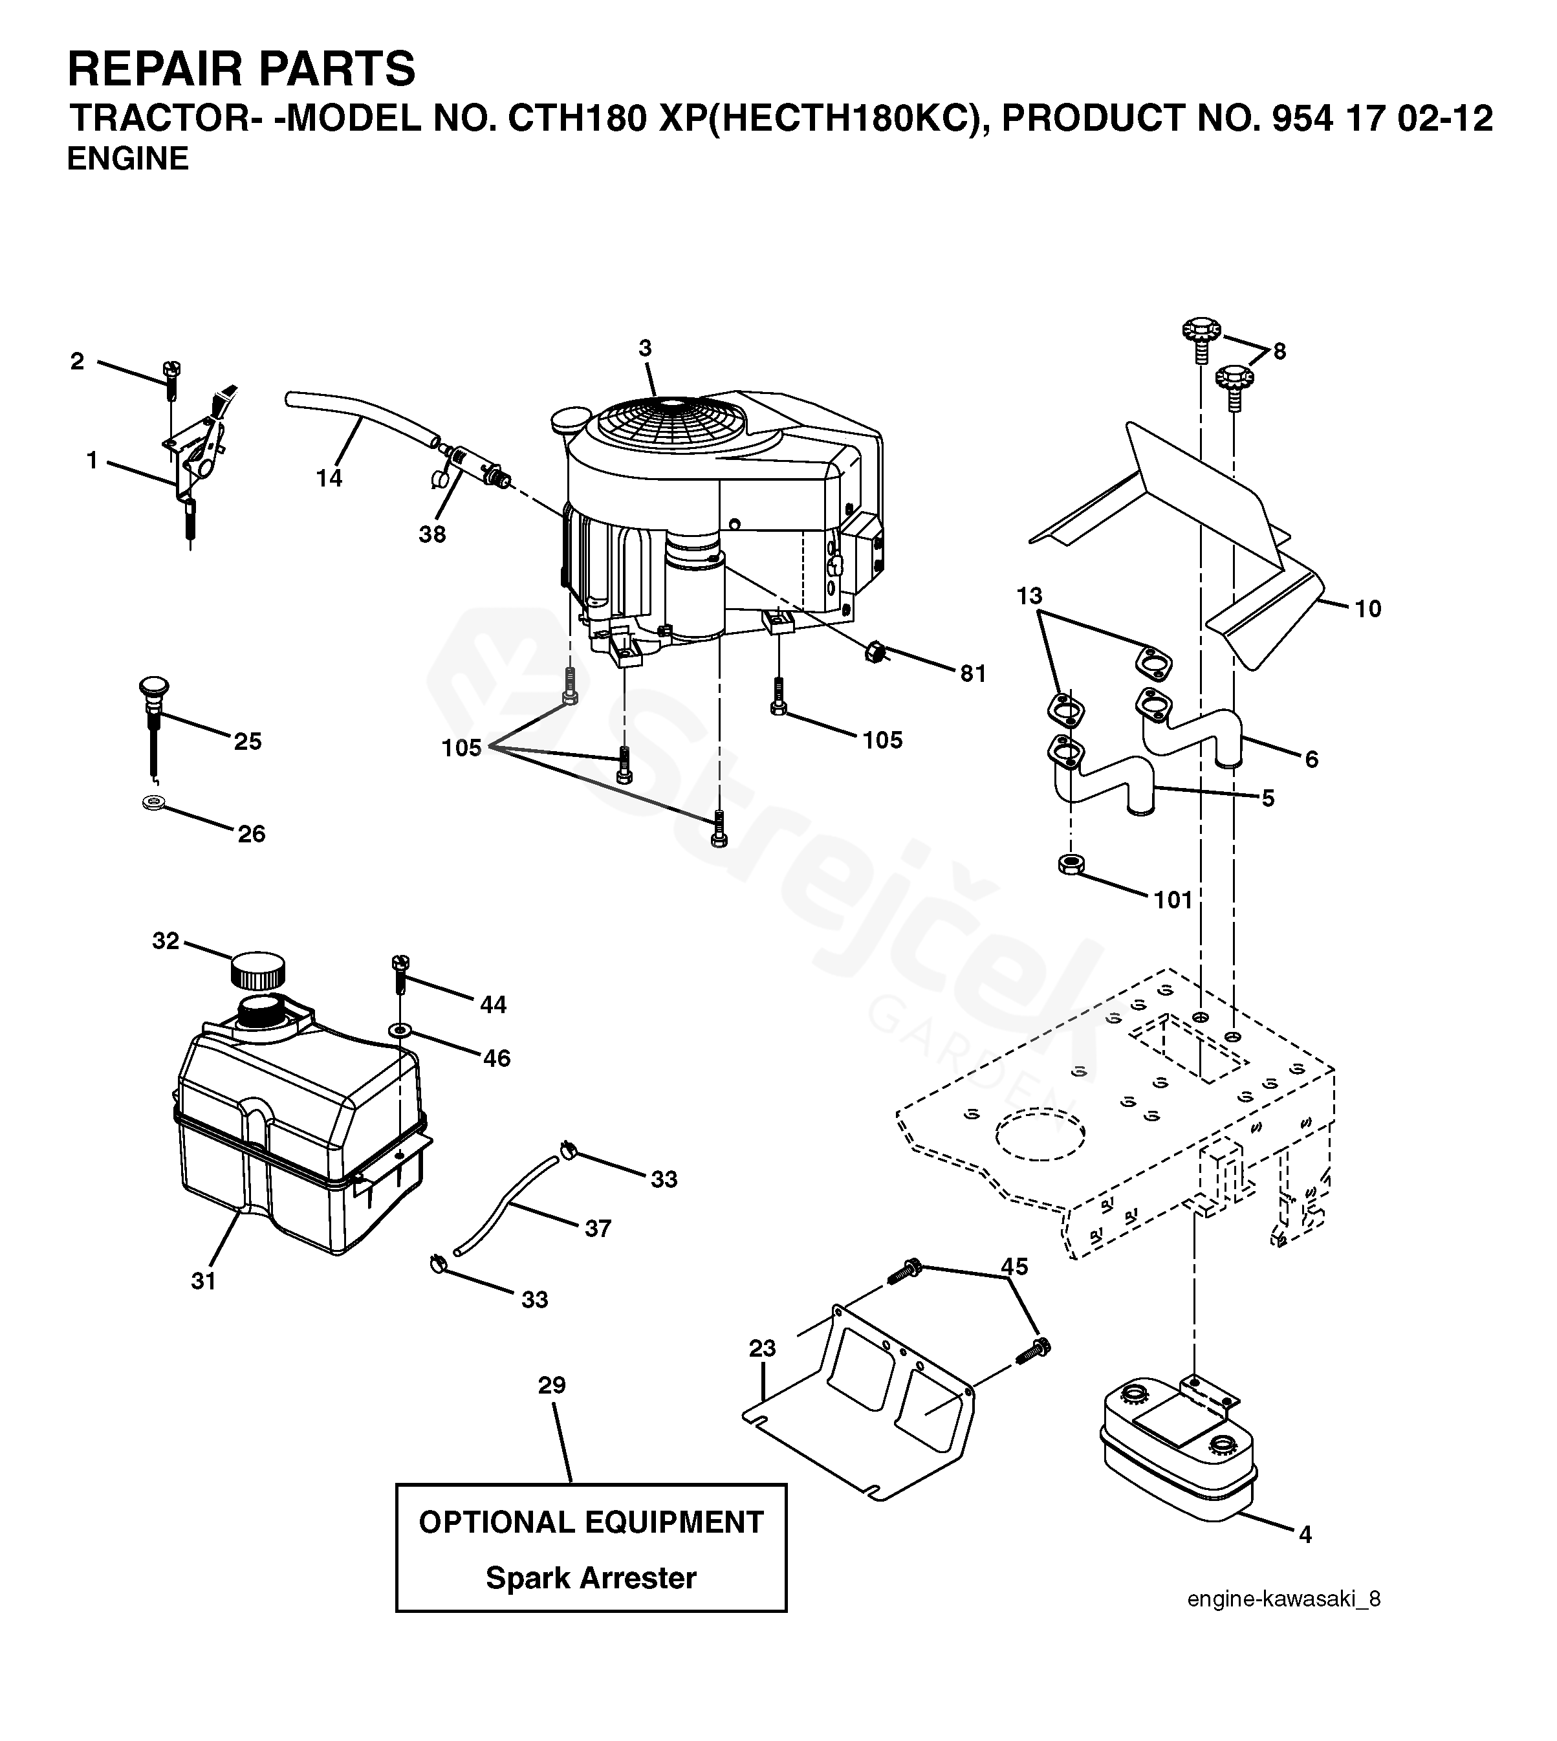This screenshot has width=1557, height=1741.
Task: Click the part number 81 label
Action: point(973,673)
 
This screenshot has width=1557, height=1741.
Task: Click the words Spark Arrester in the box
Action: point(591,1577)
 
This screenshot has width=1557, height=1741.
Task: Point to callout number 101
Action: point(1173,899)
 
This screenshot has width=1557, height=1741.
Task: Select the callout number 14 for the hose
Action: point(329,477)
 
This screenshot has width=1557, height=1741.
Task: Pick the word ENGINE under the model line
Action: point(127,159)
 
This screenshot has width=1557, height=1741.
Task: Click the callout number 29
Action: point(552,1385)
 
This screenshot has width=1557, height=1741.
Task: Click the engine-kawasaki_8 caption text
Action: point(1283,1599)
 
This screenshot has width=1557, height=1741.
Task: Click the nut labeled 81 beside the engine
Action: point(875,652)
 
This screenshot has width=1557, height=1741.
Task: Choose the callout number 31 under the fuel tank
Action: point(202,1281)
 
